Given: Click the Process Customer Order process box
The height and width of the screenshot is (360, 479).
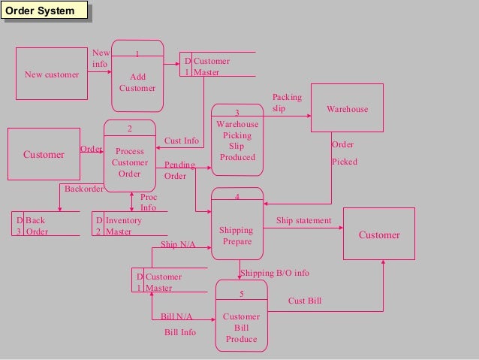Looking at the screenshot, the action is pos(130,156).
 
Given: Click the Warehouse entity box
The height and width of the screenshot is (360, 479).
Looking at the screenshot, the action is pos(347,109).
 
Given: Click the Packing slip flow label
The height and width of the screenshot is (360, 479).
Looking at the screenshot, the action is pos(286,103).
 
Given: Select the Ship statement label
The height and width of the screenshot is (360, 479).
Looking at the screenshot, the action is pos(303,221).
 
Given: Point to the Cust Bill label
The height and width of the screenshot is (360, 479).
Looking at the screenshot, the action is pos(305,301).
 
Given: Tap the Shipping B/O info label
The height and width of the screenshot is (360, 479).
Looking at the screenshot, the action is pos(274,273).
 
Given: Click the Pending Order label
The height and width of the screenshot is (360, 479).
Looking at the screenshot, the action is pos(179,171).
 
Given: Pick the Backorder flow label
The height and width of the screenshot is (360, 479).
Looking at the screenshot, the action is pos(83,189).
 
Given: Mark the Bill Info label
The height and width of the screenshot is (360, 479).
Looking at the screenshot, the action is pos(179,332).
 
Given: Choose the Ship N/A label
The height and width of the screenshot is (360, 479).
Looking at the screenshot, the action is pos(179,245).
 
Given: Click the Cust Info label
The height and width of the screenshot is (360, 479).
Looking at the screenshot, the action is pos(182,141).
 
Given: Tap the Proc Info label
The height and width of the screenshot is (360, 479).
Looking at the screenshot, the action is pos(149,202).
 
